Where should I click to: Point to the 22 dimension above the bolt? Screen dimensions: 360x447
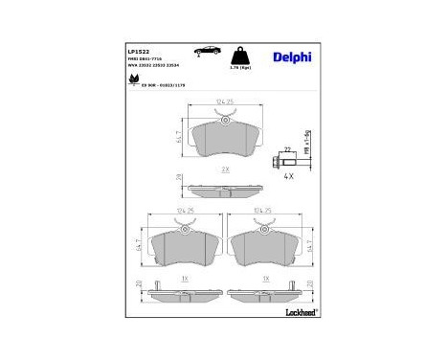pos(286,148)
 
